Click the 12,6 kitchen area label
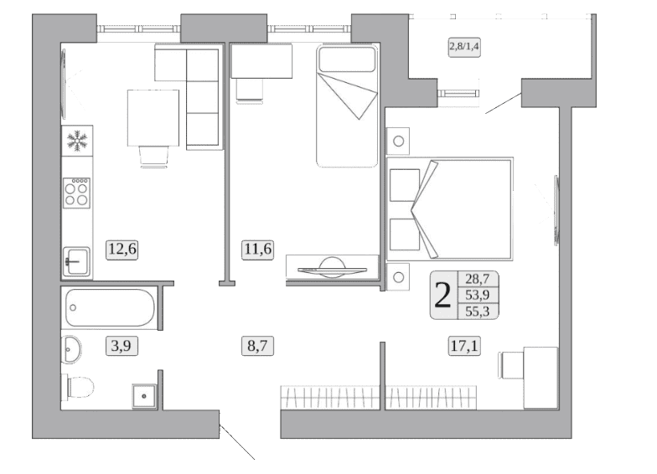(x=122, y=250)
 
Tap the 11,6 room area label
(x=258, y=250)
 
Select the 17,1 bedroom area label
(x=464, y=347)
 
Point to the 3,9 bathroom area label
(x=122, y=347)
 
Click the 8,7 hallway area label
(x=258, y=347)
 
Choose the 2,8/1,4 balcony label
(x=464, y=47)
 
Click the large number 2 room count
(x=443, y=295)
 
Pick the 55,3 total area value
(x=478, y=312)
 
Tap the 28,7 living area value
(x=478, y=279)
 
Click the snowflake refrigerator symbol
(x=77, y=141)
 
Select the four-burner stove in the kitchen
(x=77, y=193)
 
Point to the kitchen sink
(x=77, y=261)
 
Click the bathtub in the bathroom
(x=111, y=308)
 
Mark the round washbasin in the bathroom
(x=71, y=350)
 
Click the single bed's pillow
(x=347, y=59)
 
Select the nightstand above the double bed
(x=398, y=141)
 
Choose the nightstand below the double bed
(x=398, y=276)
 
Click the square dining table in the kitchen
(x=153, y=117)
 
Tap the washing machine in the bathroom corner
(x=144, y=396)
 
